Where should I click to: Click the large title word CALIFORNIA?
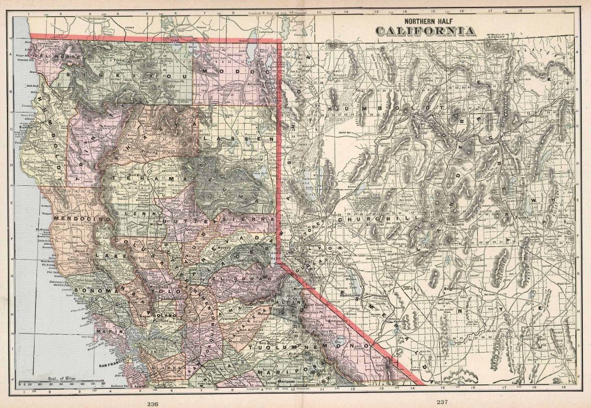(x=426, y=31)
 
